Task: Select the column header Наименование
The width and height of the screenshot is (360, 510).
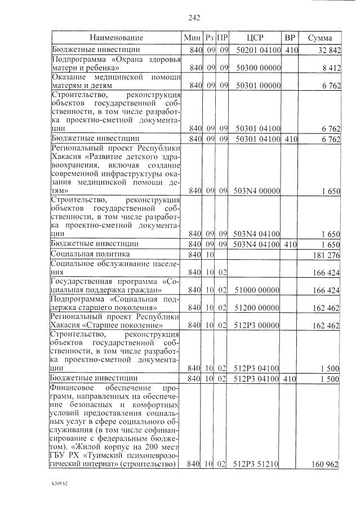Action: point(116,38)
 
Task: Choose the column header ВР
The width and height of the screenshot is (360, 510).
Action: point(290,38)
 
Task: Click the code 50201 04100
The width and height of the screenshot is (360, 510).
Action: point(257,50)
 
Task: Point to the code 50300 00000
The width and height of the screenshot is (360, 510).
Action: point(257,68)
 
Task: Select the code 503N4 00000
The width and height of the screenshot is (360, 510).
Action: point(256,191)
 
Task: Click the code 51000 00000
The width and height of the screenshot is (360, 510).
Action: point(257,290)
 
